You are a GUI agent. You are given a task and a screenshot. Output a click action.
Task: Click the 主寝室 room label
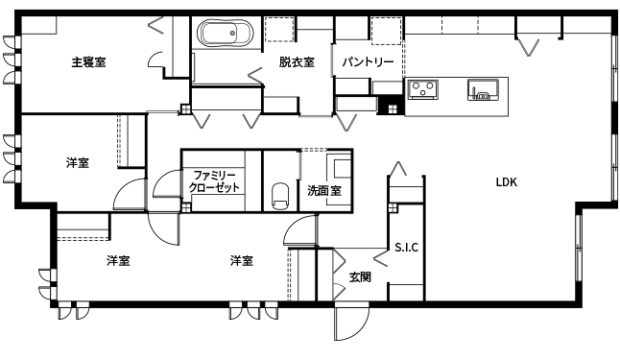88,62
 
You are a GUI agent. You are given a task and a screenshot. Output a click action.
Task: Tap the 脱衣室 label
297,62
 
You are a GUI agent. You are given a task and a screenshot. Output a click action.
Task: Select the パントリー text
368,62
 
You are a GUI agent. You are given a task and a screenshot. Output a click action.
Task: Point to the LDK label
507,180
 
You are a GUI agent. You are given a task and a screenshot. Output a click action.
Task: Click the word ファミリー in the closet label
214,175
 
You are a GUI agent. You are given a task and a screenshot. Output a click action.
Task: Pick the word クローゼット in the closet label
214,188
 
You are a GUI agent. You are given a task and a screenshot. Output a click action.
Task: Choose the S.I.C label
407,247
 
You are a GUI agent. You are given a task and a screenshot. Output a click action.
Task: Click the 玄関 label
360,277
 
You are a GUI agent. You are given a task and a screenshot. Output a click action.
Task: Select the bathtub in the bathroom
226,36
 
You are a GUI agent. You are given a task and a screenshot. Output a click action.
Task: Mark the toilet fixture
280,195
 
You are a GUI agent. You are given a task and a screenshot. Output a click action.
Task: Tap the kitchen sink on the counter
482,91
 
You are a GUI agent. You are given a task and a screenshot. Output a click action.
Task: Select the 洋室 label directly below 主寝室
79,162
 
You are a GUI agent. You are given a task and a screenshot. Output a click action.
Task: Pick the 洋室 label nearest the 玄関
241,260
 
